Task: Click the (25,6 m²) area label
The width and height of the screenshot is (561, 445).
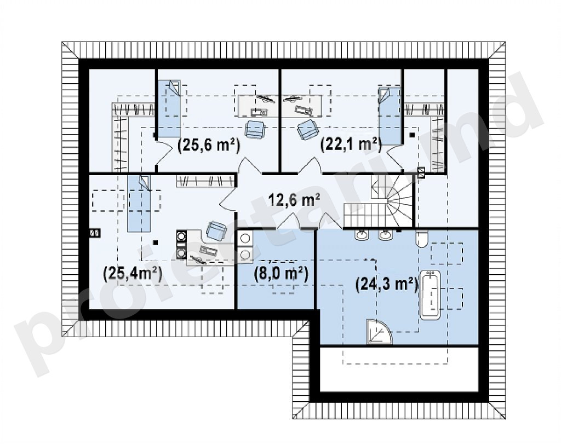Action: coord(208,146)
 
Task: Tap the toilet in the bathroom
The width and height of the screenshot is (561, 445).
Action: coord(421,239)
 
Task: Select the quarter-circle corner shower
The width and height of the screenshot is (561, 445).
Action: coord(379,331)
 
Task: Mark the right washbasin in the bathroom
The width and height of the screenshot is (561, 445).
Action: coord(385,234)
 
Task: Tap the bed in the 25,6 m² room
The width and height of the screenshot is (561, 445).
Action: coord(170,109)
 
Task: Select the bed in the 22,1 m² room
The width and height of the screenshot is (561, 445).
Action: coord(390,115)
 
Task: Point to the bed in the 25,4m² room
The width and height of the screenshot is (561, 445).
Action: coord(139,203)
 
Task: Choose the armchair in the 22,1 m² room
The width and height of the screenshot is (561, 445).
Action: coord(307,130)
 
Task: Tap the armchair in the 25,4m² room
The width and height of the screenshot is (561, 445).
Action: coord(216,230)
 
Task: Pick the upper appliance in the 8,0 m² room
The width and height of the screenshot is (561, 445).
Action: coord(246,239)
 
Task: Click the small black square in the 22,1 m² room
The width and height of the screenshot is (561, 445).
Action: coord(412,135)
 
